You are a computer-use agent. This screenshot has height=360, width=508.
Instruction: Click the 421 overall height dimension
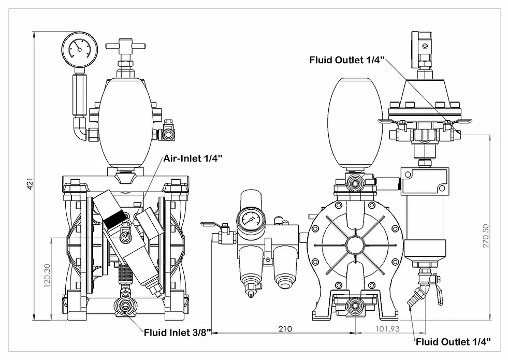click(x=31, y=183)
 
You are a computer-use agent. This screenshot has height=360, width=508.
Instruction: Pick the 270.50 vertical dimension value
click(x=486, y=236)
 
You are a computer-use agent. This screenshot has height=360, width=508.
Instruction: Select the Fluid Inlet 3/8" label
click(x=177, y=333)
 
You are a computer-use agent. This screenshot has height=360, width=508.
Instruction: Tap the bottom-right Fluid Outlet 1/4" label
click(x=453, y=341)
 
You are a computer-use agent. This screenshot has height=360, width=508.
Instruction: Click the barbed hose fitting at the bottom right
click(x=414, y=298)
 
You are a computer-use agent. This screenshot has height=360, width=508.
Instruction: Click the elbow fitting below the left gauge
click(x=81, y=129)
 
